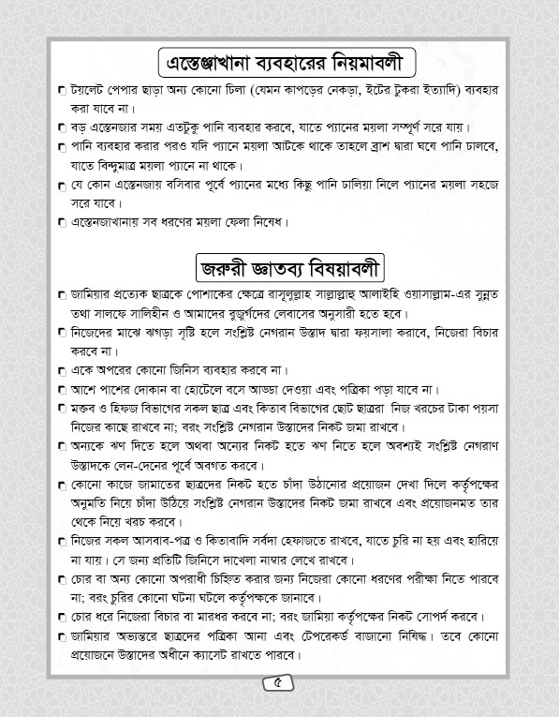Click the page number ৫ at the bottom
pyautogui.click(x=279, y=682)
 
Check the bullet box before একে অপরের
pyautogui.click(x=62, y=370)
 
